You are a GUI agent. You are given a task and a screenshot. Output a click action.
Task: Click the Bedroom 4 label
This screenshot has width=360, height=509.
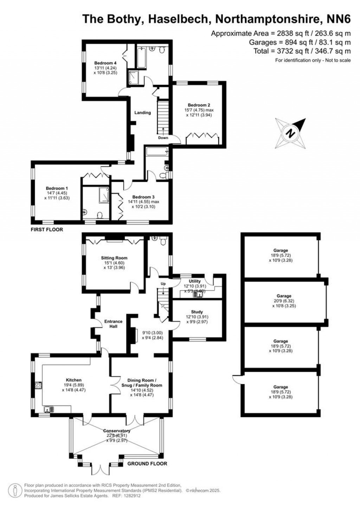pos(105,63)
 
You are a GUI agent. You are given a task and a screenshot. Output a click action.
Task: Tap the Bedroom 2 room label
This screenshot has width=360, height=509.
pos(199,105)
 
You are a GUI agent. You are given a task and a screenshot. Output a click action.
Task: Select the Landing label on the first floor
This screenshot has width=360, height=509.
pos(143,113)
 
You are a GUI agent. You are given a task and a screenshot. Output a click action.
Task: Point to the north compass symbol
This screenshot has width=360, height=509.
pos(290,133)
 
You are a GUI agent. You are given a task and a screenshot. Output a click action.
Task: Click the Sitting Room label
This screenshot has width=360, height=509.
pos(114,258)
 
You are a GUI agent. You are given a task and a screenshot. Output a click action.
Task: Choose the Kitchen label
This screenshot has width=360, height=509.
pos(74,380)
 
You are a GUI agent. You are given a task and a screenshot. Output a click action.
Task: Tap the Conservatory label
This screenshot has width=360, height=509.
pos(117,431)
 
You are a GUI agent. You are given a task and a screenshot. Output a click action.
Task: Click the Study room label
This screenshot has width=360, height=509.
pos(197,312)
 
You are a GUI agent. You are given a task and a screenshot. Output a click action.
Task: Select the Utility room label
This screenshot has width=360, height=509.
pos(195,281)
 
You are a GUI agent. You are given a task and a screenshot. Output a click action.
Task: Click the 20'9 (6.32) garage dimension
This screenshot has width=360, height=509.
pos(284,301)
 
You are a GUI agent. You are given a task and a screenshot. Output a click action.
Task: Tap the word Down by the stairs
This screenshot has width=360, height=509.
pos(163,138)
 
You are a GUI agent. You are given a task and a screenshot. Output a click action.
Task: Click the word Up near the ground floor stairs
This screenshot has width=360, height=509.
pos(163,284)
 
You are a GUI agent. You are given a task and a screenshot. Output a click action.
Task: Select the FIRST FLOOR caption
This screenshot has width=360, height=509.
pos(47,230)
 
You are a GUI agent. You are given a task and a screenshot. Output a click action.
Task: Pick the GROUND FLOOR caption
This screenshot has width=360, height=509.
pos(147,464)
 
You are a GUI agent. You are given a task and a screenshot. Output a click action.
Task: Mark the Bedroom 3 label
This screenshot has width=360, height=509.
pos(143,197)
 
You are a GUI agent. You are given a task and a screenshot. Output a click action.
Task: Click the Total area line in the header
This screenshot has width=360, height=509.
pos(302,51)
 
